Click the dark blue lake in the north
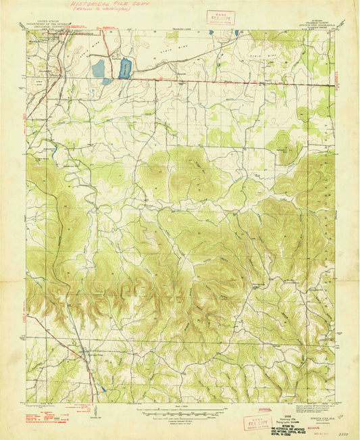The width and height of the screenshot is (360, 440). coord(125,68)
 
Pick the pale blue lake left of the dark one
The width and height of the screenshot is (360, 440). coord(99,68)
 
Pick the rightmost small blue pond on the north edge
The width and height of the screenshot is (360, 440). coord(237,32)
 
